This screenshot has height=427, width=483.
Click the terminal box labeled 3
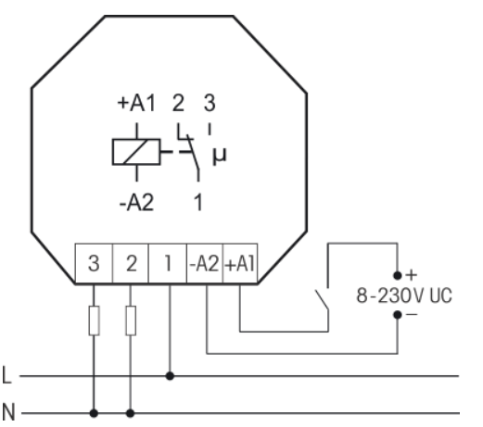tap(94, 263)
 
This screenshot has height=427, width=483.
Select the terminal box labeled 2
tap(131, 263)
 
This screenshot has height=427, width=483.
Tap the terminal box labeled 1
tap(168, 263)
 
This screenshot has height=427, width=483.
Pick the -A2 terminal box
tap(205, 263)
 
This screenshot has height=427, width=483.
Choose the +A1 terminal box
tap(240, 263)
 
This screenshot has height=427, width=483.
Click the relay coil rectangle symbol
tap(136, 152)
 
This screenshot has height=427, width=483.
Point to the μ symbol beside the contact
tap(220, 156)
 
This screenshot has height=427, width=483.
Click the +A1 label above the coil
tap(136, 103)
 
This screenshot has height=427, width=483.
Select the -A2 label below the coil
tap(136, 203)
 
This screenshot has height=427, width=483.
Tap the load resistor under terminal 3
tap(94, 320)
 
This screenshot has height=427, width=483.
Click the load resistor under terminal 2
tap(131, 320)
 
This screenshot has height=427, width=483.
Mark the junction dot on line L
tap(170, 376)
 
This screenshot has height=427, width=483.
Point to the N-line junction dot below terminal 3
tap(94, 413)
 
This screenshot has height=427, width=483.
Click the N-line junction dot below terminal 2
tap(131, 413)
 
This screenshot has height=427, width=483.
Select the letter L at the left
tap(6, 375)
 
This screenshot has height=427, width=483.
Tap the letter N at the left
tap(8, 412)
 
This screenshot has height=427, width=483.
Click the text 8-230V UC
tap(404, 295)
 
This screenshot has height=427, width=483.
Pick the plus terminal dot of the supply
tap(398, 275)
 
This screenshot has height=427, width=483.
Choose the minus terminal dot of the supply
tap(398, 315)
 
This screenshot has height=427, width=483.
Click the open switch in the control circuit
tap(322, 299)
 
